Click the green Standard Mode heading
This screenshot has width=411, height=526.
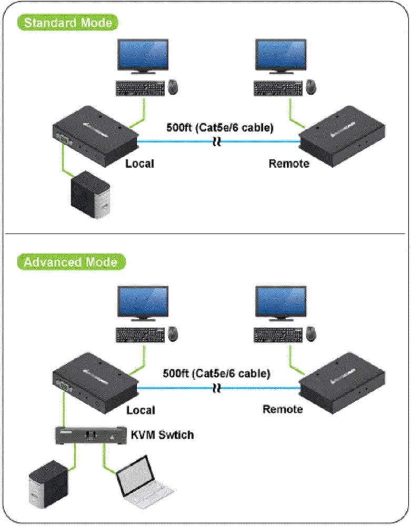coord(68,23)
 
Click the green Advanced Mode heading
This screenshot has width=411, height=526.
coord(71,261)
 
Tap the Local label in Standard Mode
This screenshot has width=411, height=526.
coord(139,163)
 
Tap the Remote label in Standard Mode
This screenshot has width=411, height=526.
coord(289,163)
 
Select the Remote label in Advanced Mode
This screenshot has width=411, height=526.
coord(283,409)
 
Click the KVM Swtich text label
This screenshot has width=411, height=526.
coord(162,435)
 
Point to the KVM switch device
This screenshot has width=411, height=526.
coord(91,435)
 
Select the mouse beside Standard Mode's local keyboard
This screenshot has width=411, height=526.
coord(173,86)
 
